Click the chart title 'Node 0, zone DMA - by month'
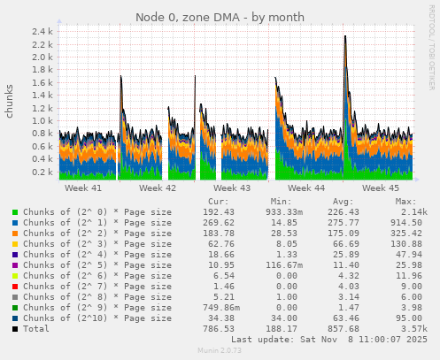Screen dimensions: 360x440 pos(220,18)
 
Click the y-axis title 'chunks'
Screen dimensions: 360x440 pos(10,102)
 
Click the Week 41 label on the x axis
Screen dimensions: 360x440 pos(83,188)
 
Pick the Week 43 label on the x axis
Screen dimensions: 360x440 pos(232,188)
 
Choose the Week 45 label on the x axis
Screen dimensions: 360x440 pos(381,188)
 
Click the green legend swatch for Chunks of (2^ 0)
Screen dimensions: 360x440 pos(14,212)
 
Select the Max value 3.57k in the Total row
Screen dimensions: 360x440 pos(413,329)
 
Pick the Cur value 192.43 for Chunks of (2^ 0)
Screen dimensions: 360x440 pos(218,212)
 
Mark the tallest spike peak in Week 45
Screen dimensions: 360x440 pos(345,35)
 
